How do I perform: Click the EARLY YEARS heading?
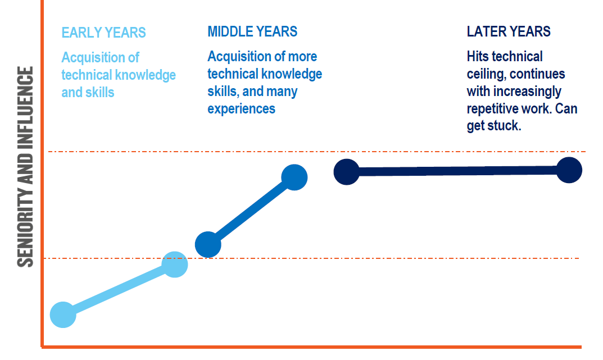[103, 33]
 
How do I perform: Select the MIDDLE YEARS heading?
[252, 31]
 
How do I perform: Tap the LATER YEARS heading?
[509, 31]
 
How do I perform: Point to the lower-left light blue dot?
[63, 315]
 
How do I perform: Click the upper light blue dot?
[175, 265]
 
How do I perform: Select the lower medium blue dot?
[208, 244]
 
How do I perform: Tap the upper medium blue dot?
[294, 177]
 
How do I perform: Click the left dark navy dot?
[347, 172]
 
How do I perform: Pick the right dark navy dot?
[569, 170]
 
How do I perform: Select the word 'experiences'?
[242, 109]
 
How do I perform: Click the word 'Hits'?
[478, 57]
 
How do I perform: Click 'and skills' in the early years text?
[88, 93]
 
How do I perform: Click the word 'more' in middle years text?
[303, 57]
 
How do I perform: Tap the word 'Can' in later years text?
[566, 109]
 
